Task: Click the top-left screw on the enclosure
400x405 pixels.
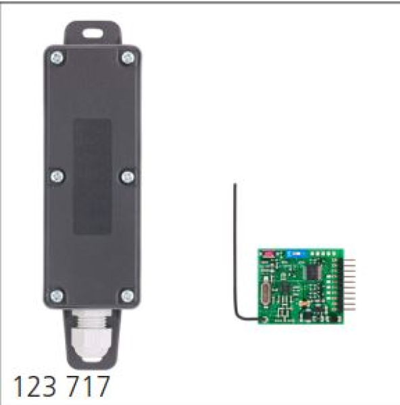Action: click(57, 58)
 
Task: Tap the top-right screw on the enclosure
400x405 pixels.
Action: click(128, 58)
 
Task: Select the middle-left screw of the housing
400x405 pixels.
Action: click(57, 176)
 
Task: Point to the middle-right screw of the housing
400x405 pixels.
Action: click(128, 177)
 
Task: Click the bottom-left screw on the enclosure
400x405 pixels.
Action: click(57, 296)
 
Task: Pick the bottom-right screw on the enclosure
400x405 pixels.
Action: click(127, 296)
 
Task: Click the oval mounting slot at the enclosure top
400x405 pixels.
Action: click(93, 33)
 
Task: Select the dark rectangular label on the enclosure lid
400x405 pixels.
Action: click(93, 176)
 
